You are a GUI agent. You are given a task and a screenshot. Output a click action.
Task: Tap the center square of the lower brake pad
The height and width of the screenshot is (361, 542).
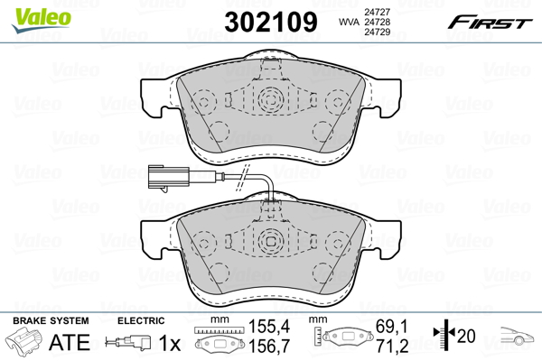[x=269, y=242]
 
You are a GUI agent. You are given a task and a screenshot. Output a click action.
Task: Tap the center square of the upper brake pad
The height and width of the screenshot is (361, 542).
[x=269, y=100]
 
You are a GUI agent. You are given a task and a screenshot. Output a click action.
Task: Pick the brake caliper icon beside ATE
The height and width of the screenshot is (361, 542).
[x=25, y=342]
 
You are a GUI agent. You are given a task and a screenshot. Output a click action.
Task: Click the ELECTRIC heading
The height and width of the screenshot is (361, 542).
[x=141, y=320]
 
